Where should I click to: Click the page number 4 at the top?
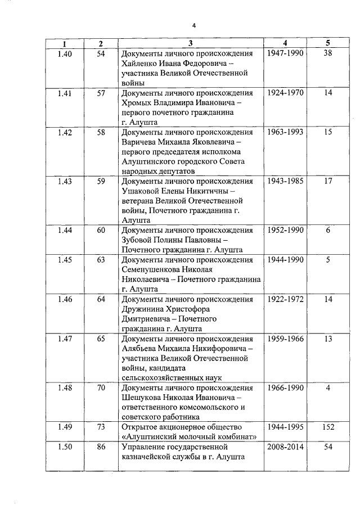pos(193,25)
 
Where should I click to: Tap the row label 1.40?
pos(65,53)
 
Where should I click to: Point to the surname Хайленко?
pos(139,64)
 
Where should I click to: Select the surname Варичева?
pos(140,142)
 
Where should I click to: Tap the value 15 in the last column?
pos(328,132)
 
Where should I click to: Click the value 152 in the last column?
pos(328,427)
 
